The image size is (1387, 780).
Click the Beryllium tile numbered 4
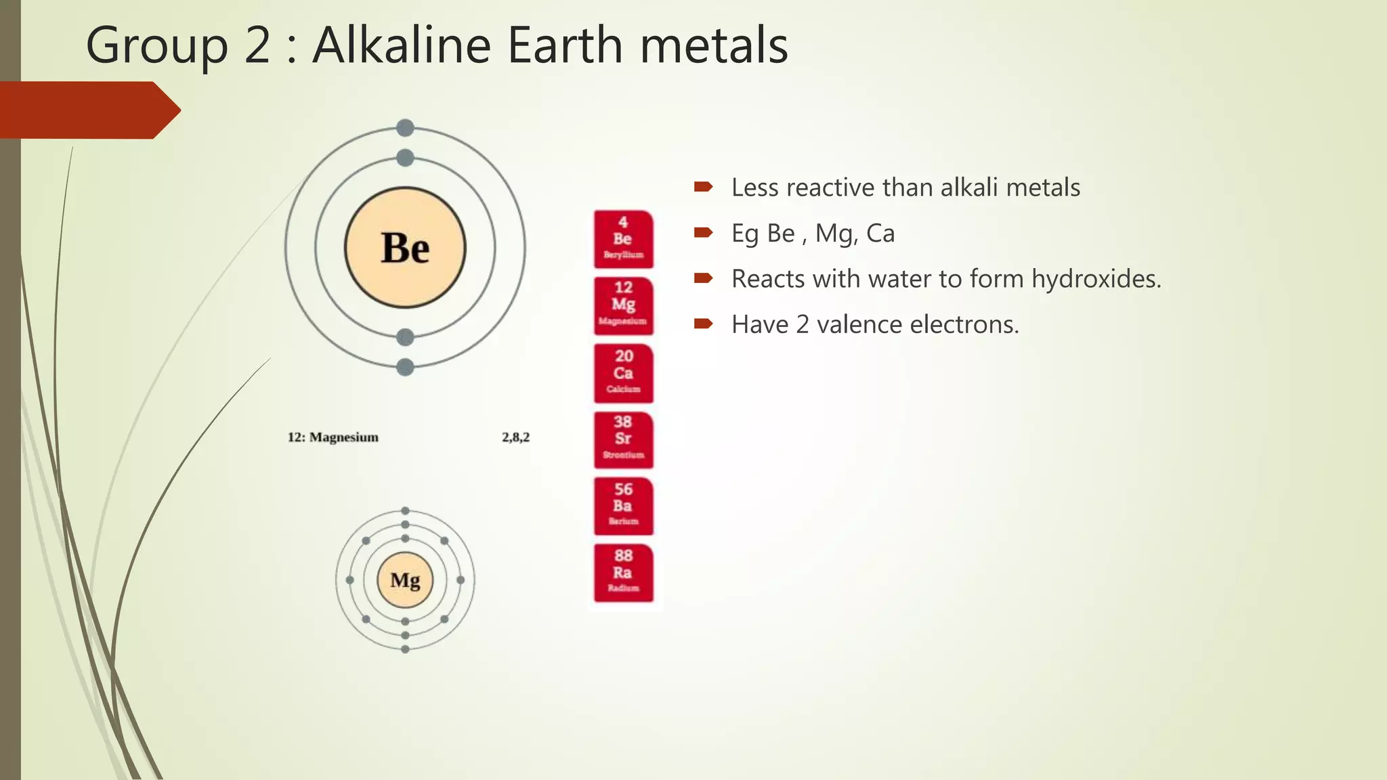623,239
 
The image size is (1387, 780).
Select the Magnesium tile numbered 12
623,305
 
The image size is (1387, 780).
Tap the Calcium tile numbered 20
623,373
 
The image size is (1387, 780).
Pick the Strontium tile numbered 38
623,439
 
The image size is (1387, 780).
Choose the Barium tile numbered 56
623,506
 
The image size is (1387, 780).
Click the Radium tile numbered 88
623,573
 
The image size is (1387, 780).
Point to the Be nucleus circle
405,247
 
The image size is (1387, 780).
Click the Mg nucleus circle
405,580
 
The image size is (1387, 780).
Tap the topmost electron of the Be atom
405,127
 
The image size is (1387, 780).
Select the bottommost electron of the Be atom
405,367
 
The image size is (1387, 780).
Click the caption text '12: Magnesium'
333,437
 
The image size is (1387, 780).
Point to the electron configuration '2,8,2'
515,437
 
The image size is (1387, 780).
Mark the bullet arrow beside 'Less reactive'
703,187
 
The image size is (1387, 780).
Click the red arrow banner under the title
88,110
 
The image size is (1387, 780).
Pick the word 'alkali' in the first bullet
969,188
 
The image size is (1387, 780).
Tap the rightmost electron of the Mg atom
461,580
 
